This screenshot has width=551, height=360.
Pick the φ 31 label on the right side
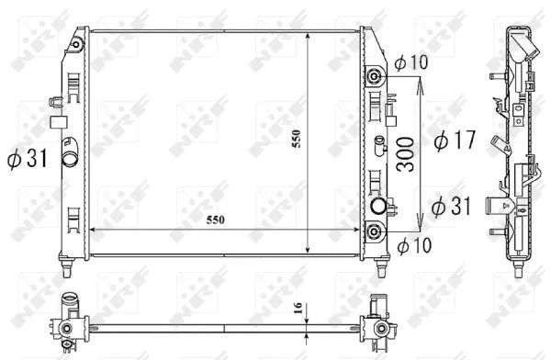450,204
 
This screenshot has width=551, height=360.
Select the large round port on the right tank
377,206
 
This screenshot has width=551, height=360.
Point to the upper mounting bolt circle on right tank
374,75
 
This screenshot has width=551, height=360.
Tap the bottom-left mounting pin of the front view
68,269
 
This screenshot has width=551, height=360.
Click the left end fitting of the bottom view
69,327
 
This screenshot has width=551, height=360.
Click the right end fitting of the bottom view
377,326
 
